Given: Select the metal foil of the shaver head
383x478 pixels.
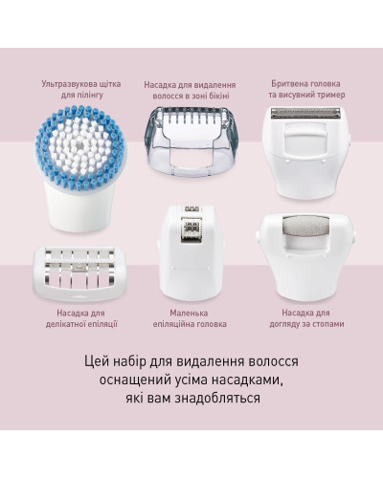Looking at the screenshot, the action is pos(305,114).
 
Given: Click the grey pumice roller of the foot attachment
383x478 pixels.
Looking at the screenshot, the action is pos(306,227).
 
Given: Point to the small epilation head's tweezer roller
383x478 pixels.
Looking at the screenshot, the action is pos(191,228).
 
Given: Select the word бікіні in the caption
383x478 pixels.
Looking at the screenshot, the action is pos(217,96).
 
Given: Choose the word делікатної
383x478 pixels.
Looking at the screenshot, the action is pos(66,324).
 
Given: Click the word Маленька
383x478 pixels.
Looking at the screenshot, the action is pos(189,313).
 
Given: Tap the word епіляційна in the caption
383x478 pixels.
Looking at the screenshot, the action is pos(174,324).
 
